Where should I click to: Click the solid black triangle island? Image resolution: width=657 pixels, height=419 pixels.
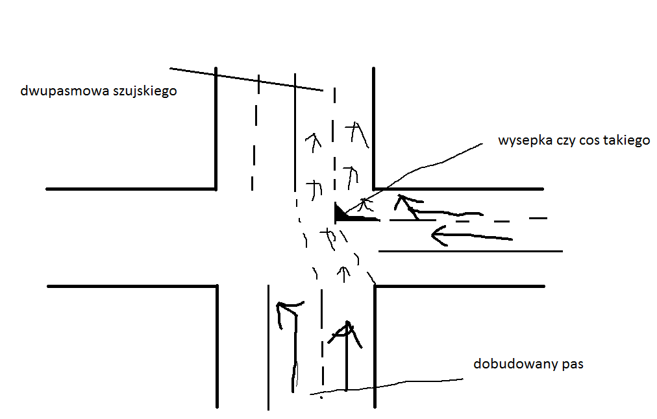[341, 212]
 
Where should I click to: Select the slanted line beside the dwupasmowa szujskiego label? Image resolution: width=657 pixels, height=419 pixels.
[247, 78]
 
